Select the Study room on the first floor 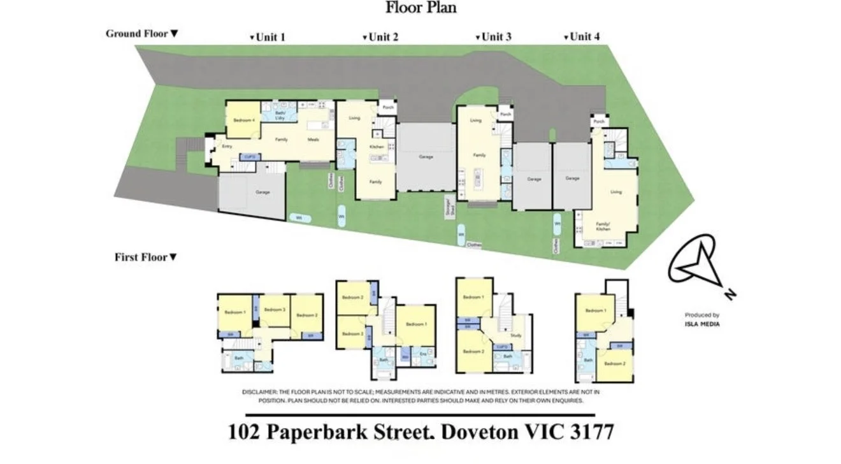pos(516,335)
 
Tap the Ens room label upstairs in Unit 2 pos(422,353)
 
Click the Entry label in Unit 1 pos(227,147)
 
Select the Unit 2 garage pos(426,157)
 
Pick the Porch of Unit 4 pos(599,122)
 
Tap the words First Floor pos(141,257)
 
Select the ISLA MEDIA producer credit pos(702,324)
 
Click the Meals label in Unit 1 pos(313,140)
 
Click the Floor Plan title pos(420,8)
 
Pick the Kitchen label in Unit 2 pos(377,147)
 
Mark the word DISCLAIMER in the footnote pos(259,392)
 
